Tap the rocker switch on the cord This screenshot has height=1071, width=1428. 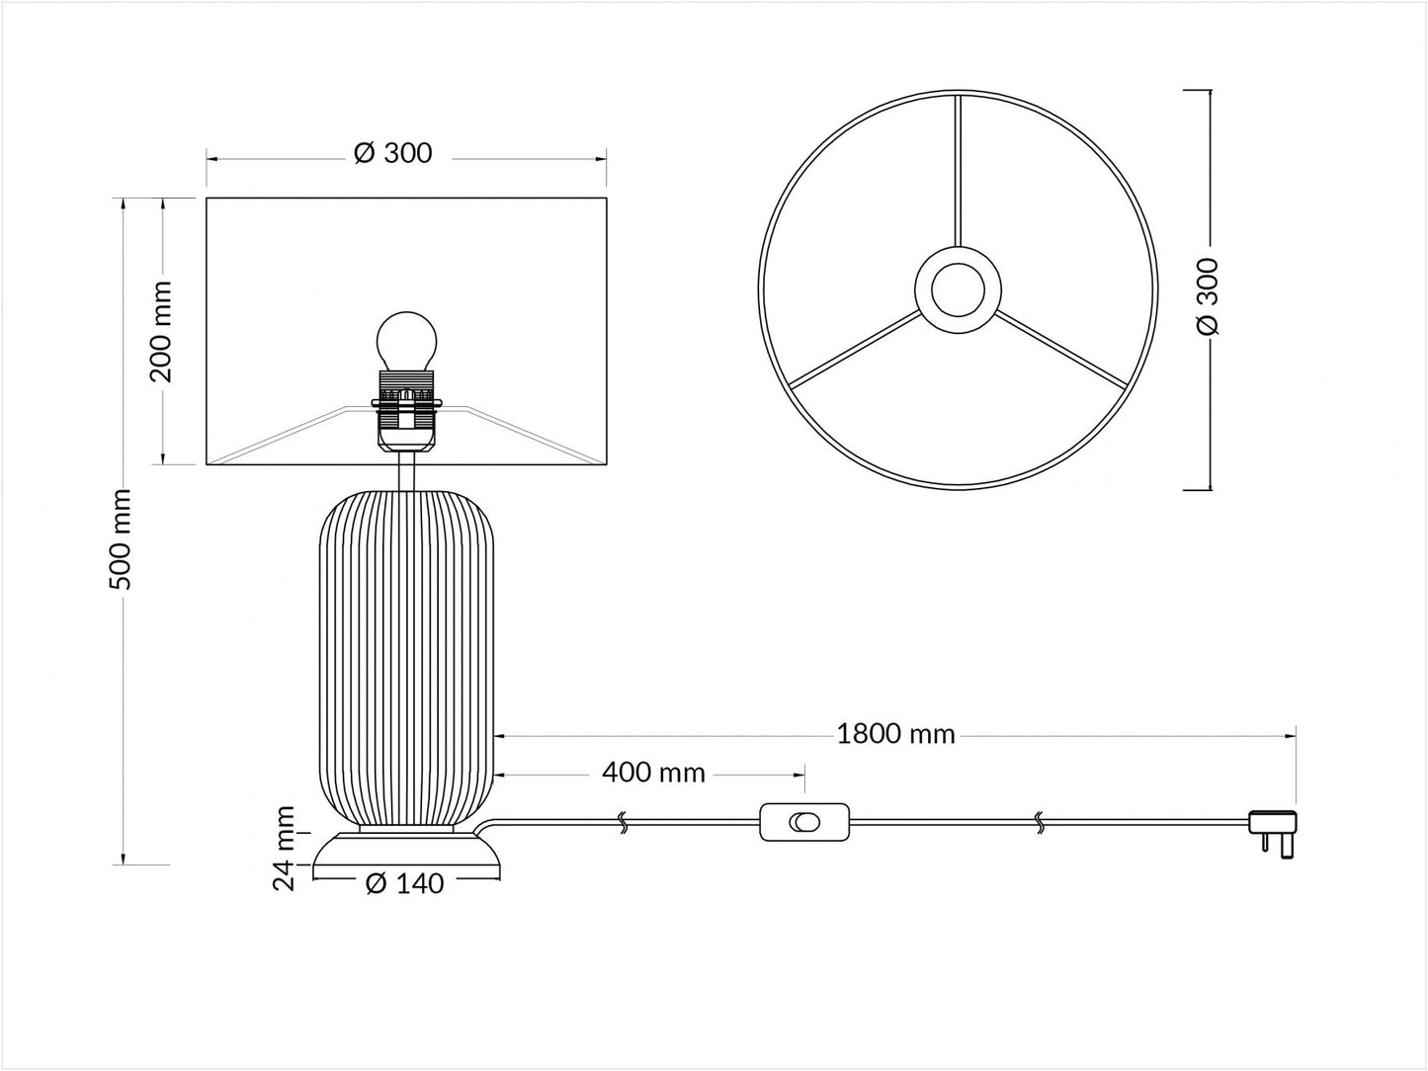click(x=804, y=823)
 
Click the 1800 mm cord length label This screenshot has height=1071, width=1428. click(x=895, y=735)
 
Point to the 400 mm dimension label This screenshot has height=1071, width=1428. click(x=653, y=774)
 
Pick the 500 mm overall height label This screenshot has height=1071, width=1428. click(x=120, y=539)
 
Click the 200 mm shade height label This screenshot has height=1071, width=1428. click(x=160, y=332)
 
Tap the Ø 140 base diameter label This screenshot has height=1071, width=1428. click(x=404, y=883)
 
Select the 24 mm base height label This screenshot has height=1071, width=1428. click(x=285, y=848)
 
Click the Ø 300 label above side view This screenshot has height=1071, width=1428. click(x=393, y=153)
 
